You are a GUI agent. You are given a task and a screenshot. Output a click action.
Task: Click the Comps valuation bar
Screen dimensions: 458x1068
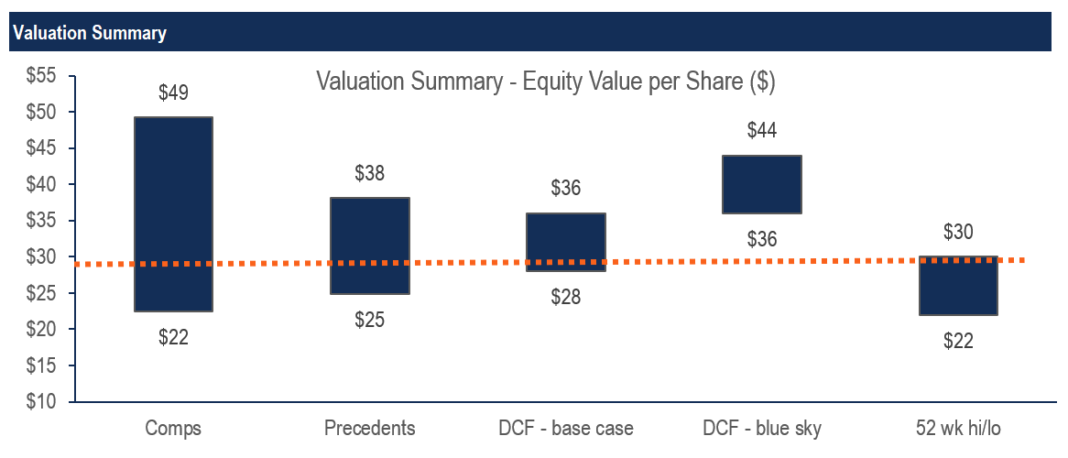173,214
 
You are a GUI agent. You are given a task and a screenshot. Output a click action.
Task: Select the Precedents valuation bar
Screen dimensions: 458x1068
369,245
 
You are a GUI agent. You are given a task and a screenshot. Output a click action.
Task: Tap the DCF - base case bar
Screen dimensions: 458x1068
566,242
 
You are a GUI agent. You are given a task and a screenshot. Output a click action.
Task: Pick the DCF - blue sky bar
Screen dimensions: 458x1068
762,184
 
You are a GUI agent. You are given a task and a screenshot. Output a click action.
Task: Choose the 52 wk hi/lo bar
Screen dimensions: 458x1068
958,286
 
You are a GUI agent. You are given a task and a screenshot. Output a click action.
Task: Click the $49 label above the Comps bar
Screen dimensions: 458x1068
173,93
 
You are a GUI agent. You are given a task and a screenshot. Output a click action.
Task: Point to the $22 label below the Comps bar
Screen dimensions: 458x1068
173,337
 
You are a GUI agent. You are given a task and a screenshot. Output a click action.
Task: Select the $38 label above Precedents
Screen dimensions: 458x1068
369,173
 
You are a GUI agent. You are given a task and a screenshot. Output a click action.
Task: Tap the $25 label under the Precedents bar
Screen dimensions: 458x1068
369,320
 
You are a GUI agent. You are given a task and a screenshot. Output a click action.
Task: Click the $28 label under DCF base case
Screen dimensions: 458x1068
566,297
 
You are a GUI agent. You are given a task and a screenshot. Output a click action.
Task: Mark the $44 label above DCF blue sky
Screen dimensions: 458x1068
762,131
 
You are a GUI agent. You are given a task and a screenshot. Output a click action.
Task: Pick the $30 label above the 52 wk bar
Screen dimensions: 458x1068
958,232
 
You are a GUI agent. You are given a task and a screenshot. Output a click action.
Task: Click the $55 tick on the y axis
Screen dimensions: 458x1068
38,77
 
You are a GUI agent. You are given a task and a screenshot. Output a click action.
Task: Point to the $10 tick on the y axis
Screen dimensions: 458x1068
38,402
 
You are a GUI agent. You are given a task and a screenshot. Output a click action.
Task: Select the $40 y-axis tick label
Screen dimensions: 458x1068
38,185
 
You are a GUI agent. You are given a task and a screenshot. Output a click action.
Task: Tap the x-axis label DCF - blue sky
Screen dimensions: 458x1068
762,429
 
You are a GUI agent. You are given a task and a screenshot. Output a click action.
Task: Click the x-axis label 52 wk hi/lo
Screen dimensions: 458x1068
958,429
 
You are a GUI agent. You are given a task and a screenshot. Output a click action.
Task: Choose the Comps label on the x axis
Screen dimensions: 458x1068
173,429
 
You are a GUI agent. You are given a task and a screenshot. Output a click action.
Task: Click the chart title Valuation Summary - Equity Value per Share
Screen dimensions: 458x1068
546,82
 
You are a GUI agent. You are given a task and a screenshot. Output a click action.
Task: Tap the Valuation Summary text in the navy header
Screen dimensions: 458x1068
90,34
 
